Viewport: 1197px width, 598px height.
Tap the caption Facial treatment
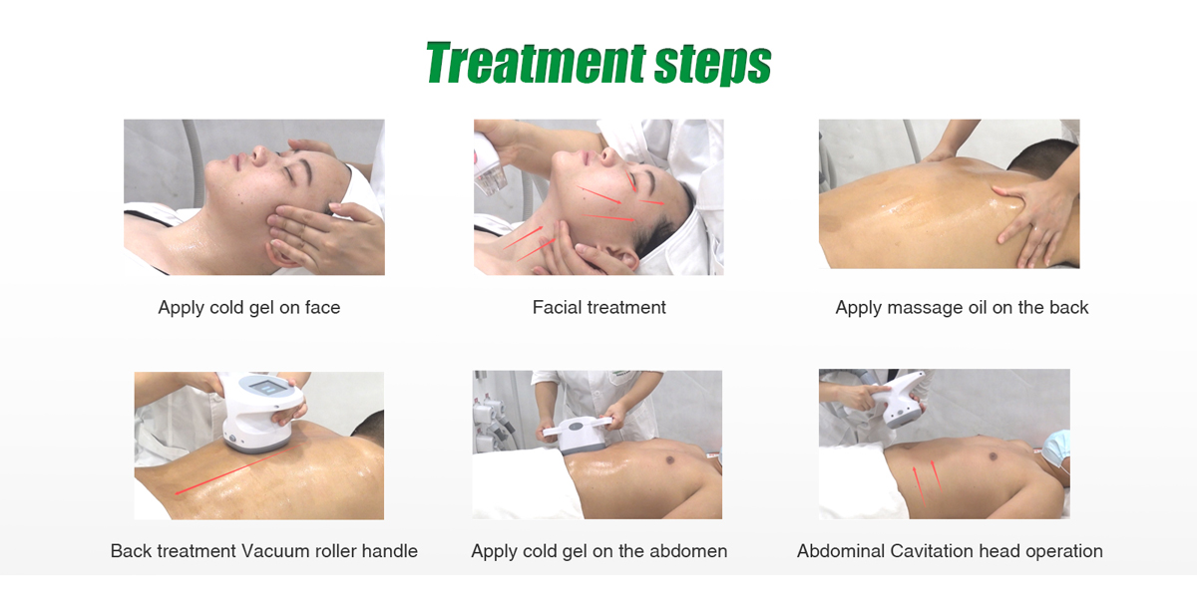pyautogui.click(x=598, y=307)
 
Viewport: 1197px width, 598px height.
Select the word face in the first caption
pyautogui.click(x=322, y=307)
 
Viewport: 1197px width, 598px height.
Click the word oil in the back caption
pyautogui.click(x=978, y=307)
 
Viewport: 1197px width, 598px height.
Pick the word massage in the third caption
pyautogui.click(x=924, y=307)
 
